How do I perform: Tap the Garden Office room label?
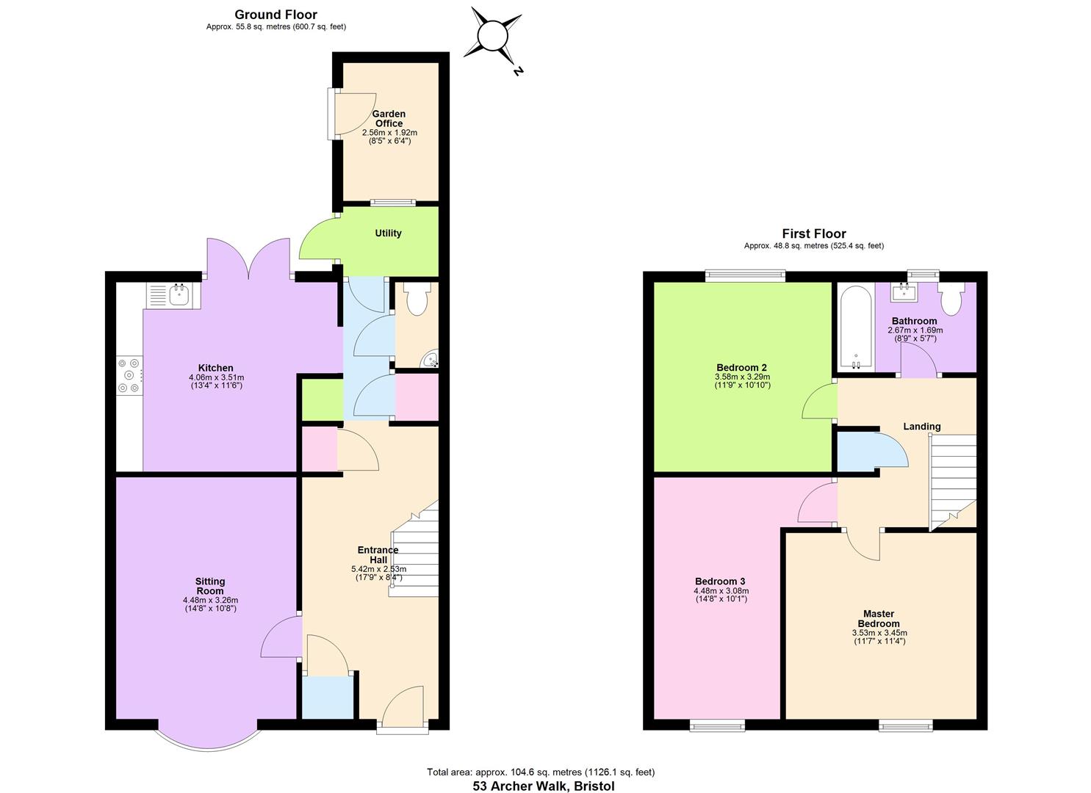tap(389, 119)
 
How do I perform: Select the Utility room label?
tap(388, 233)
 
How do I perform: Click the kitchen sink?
tap(179, 295)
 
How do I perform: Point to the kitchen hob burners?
tap(129, 374)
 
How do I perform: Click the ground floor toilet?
tap(417, 300)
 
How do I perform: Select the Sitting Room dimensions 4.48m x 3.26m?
tap(210, 600)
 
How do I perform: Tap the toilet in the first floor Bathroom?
tap(951, 300)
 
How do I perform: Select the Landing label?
tap(921, 427)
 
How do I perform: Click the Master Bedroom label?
tap(879, 619)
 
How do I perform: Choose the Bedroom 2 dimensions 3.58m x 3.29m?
tap(742, 377)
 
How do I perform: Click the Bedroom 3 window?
tap(717, 726)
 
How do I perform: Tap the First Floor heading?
tap(813, 234)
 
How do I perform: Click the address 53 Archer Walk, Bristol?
tap(543, 786)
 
